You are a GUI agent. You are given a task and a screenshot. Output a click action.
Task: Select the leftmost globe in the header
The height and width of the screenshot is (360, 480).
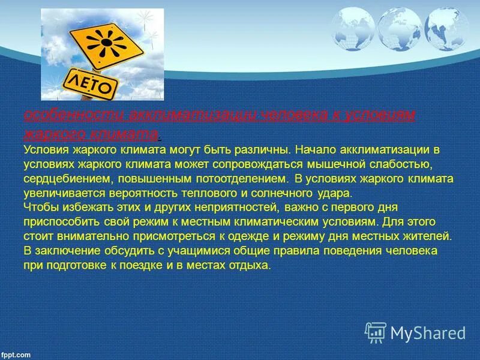[x=352, y=28]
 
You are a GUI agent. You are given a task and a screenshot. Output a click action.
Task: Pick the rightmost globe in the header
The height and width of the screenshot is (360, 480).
[x=445, y=28]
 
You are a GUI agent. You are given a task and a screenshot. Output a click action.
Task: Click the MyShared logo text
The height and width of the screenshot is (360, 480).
[x=428, y=332]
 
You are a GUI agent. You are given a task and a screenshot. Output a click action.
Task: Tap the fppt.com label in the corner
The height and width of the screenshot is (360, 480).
[x=16, y=355]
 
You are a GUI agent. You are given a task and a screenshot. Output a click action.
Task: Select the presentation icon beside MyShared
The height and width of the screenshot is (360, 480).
[x=376, y=332]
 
